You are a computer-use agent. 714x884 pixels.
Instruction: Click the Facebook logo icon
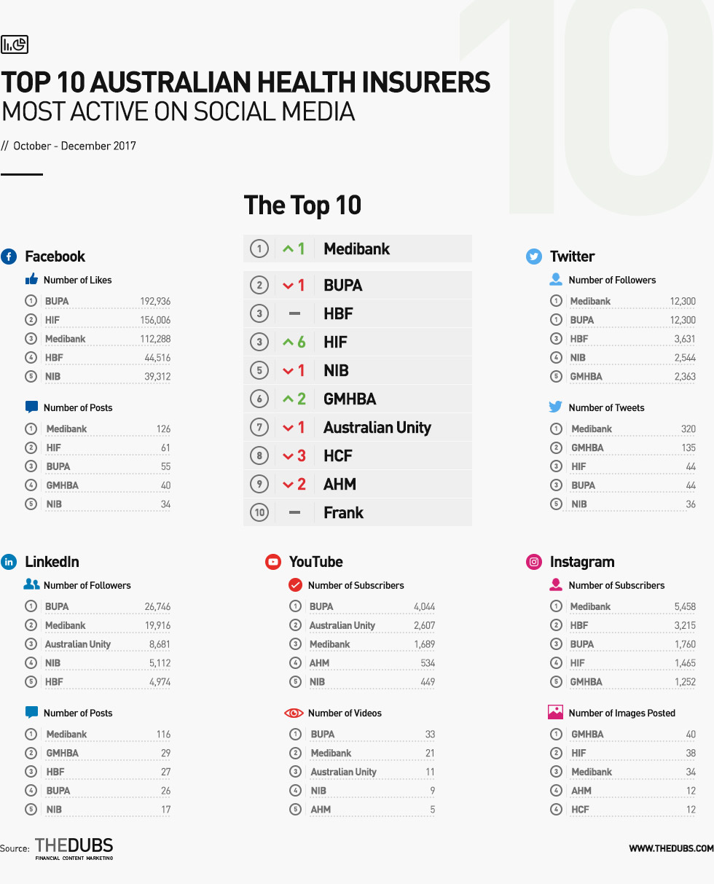click(9, 257)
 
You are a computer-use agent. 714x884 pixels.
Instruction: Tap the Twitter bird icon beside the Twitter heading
click(533, 257)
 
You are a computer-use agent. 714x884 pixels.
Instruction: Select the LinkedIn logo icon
click(9, 562)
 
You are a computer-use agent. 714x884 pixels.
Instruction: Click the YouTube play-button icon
click(273, 562)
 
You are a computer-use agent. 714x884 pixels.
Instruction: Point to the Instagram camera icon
click(533, 562)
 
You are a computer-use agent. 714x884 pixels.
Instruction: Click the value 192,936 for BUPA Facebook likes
click(155, 301)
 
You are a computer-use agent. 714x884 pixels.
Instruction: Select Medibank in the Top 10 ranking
click(356, 249)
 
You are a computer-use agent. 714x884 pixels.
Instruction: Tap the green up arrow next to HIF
click(288, 342)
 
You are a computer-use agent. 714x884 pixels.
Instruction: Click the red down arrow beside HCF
click(288, 456)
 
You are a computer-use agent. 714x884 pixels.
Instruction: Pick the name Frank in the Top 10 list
click(343, 512)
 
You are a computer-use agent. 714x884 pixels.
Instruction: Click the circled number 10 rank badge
click(259, 512)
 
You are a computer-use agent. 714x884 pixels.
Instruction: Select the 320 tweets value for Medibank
click(688, 429)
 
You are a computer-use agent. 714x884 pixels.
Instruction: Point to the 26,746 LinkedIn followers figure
click(157, 606)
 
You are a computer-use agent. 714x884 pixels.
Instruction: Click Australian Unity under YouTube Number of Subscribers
click(342, 625)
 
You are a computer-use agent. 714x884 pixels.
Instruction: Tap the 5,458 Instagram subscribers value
click(685, 606)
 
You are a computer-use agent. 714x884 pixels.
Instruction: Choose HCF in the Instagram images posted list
click(580, 809)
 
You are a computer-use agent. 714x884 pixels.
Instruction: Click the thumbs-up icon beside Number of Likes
click(31, 279)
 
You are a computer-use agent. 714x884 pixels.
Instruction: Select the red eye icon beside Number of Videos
click(294, 713)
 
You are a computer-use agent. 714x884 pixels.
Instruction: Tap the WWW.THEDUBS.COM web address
click(671, 848)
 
